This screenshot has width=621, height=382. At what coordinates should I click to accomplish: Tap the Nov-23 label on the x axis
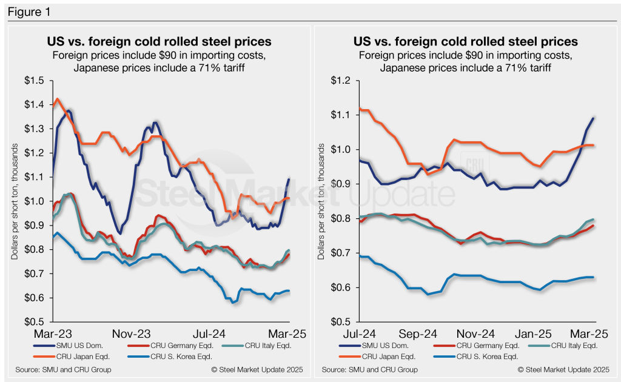pos(132,335)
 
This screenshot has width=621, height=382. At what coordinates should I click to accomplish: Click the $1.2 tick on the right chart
pos(343,81)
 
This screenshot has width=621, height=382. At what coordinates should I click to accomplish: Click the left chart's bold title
pos(159,42)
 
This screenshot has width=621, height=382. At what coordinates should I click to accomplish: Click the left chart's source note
pos(60,369)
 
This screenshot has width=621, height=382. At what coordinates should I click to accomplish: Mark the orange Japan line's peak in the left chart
pos(57,99)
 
